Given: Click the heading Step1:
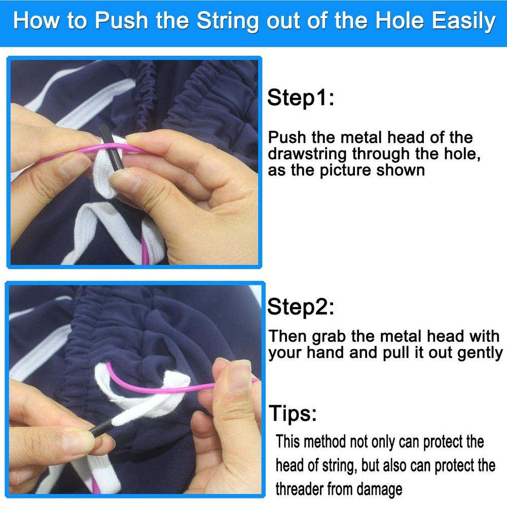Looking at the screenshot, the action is pyautogui.click(x=300, y=97).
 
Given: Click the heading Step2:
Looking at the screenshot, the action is pyautogui.click(x=300, y=307).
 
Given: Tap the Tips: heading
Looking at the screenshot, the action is pyautogui.click(x=293, y=413).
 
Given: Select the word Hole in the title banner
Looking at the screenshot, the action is pyautogui.click(x=400, y=20).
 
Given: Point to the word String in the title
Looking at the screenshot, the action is pyautogui.click(x=228, y=21).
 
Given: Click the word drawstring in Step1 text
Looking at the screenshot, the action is pyautogui.click(x=307, y=154).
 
